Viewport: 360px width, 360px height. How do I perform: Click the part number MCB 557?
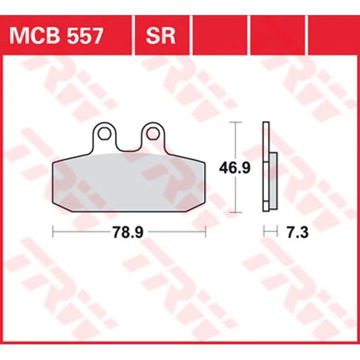point(56,36)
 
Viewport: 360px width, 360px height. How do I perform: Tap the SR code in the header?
point(161,36)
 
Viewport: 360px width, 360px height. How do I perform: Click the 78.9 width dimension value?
point(128,232)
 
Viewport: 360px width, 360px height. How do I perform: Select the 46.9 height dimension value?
point(234,168)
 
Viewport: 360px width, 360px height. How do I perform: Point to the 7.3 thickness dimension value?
point(297,232)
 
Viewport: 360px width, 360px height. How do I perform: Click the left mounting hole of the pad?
point(104,133)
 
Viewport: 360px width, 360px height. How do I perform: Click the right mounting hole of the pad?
point(153,133)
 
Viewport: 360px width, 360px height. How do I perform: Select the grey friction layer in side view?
point(273,181)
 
